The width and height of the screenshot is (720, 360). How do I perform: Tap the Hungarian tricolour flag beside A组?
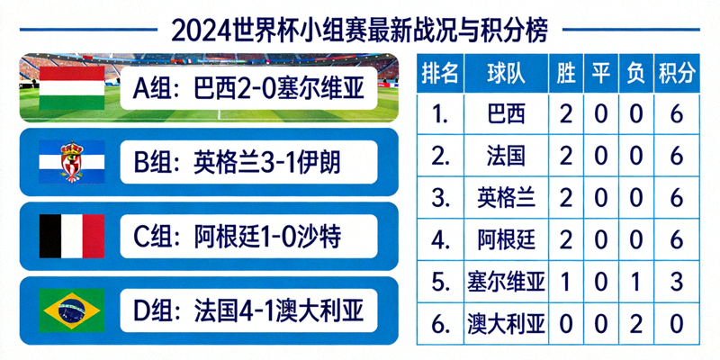72,88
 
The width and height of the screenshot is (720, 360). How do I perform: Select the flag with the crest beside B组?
72,162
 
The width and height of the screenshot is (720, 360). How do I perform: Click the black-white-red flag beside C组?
72,236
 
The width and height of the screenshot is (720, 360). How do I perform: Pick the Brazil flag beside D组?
72,310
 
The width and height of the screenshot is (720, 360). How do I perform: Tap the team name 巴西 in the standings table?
505,114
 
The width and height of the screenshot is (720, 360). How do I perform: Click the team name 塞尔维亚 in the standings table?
506,281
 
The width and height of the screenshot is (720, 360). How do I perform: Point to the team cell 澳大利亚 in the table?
506,322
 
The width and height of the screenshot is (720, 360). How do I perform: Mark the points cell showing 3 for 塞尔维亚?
676,281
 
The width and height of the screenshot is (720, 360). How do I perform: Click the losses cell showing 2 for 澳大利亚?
635,322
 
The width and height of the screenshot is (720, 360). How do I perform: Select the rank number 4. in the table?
440,239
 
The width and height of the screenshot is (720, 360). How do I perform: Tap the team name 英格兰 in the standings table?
505,198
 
